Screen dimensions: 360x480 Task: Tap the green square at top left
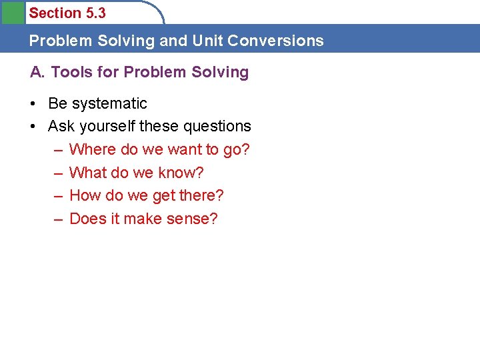12,12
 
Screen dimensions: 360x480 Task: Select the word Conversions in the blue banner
275,41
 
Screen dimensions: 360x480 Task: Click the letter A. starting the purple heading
37,72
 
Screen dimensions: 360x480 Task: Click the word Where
93,150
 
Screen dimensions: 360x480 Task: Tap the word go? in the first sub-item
236,150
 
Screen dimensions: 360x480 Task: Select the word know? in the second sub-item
181,173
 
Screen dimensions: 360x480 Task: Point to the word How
84,196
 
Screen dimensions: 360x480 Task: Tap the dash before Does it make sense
58,219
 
